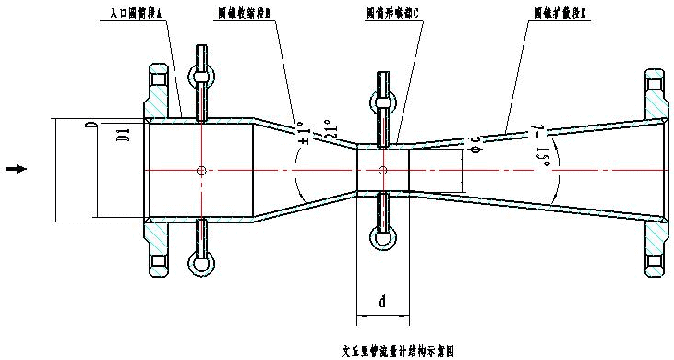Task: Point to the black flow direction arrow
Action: click(x=17, y=168)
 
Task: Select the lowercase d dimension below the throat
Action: click(x=382, y=301)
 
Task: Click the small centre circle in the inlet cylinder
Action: click(x=201, y=169)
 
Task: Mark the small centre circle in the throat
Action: click(x=382, y=169)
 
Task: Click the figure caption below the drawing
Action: click(x=398, y=351)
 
